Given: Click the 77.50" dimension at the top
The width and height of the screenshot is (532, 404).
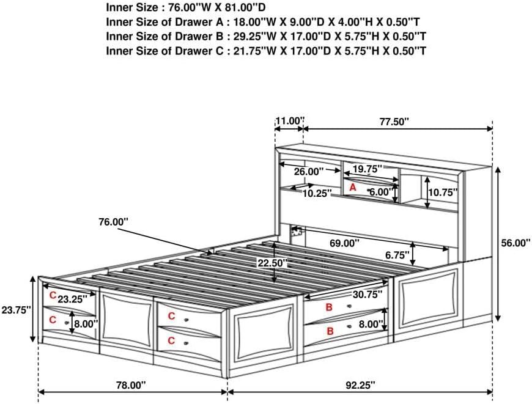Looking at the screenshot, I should (393, 122).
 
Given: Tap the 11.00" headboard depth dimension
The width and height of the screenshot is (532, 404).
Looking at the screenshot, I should (289, 121).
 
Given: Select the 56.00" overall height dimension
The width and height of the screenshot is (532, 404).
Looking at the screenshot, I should (514, 243).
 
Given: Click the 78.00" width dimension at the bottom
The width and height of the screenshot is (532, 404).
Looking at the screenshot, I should (131, 385).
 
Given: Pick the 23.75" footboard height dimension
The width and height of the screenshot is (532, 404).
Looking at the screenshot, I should (16, 310).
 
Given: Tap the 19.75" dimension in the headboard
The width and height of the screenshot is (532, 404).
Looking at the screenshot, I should (368, 168).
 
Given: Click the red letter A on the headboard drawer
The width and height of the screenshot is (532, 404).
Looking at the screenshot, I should (352, 188).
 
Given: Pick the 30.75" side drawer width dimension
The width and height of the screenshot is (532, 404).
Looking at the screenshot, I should (367, 294).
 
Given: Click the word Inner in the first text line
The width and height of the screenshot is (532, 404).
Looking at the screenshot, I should (120, 8).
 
